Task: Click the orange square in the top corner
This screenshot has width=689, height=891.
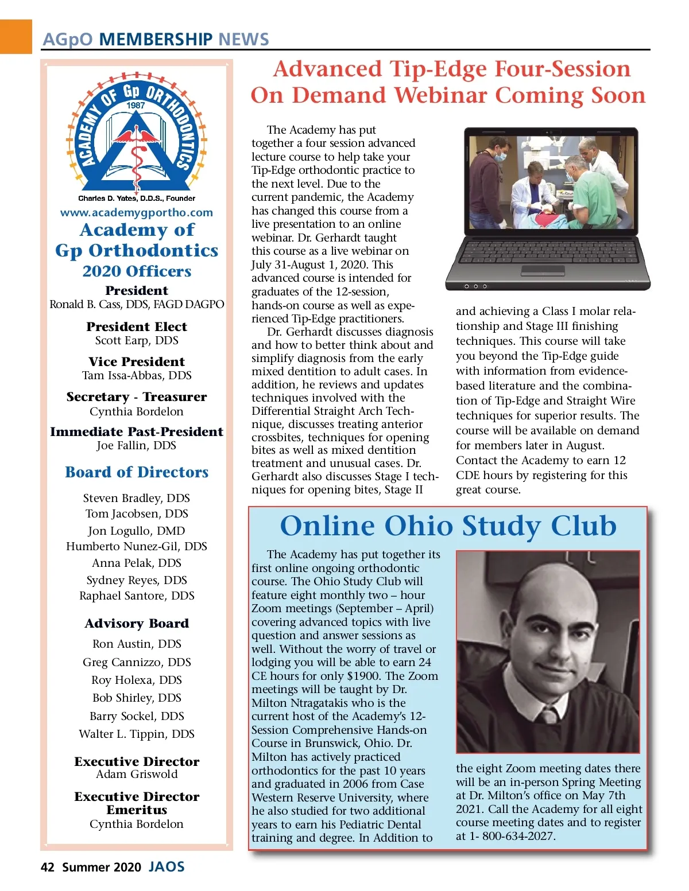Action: (x=16, y=36)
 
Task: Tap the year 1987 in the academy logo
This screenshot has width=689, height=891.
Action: (x=136, y=105)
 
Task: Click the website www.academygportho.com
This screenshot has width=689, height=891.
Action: (x=137, y=212)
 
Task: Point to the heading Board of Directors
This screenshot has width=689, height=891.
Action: (x=137, y=472)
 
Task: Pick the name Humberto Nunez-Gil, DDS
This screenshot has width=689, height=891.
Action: (x=137, y=546)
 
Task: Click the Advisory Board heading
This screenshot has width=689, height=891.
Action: (x=137, y=624)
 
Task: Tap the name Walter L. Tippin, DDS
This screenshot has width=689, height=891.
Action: (x=137, y=734)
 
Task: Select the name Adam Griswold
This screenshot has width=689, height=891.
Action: (x=137, y=774)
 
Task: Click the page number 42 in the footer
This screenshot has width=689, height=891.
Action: (x=47, y=867)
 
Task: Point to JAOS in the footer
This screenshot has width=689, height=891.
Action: (x=167, y=866)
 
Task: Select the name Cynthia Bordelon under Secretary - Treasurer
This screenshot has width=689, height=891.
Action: (x=137, y=411)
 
